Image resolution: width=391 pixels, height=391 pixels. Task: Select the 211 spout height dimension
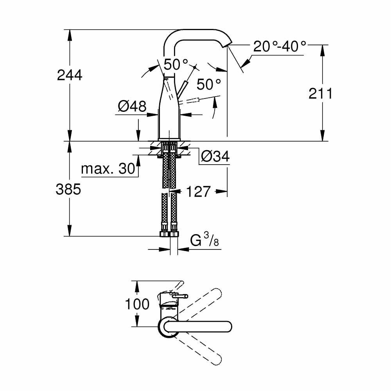tap(320, 93)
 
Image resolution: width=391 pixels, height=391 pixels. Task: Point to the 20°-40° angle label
tap(280, 47)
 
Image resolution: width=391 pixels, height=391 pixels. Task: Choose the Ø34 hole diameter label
tap(215, 156)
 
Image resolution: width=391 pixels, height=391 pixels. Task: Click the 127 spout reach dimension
tap(198, 192)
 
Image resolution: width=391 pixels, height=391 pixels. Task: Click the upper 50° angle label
tap(176, 64)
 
